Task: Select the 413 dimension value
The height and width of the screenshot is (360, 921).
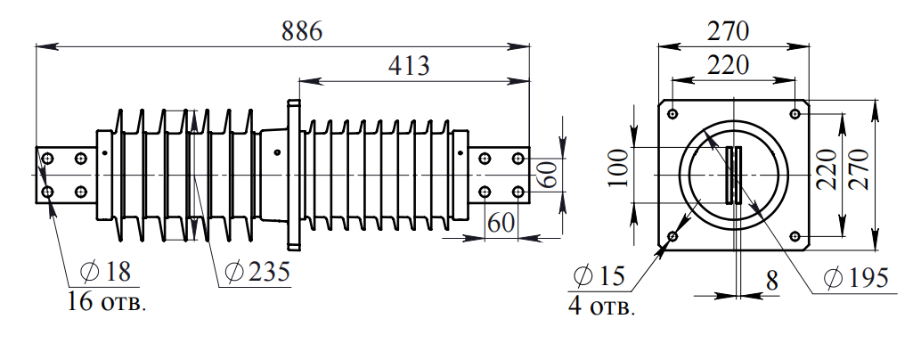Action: pos(409,66)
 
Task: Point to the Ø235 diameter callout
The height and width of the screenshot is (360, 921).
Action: pos(257,271)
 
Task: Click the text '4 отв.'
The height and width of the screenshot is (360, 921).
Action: pos(601,308)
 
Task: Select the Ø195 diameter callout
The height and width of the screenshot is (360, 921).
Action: pos(856,278)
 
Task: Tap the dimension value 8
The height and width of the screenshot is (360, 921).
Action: pos(771,280)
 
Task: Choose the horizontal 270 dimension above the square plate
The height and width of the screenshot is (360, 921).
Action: pos(729,30)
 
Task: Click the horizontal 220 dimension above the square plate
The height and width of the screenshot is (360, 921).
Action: pos(729,64)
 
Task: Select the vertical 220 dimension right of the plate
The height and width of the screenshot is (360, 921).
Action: pos(826,169)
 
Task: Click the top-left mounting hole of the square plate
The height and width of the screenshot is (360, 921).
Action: pos(672,114)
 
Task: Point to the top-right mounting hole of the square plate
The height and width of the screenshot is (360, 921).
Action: pos(795,114)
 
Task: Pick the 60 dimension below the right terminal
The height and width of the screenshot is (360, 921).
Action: pos(502,223)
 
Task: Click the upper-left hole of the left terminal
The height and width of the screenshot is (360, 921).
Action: pos(48,158)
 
